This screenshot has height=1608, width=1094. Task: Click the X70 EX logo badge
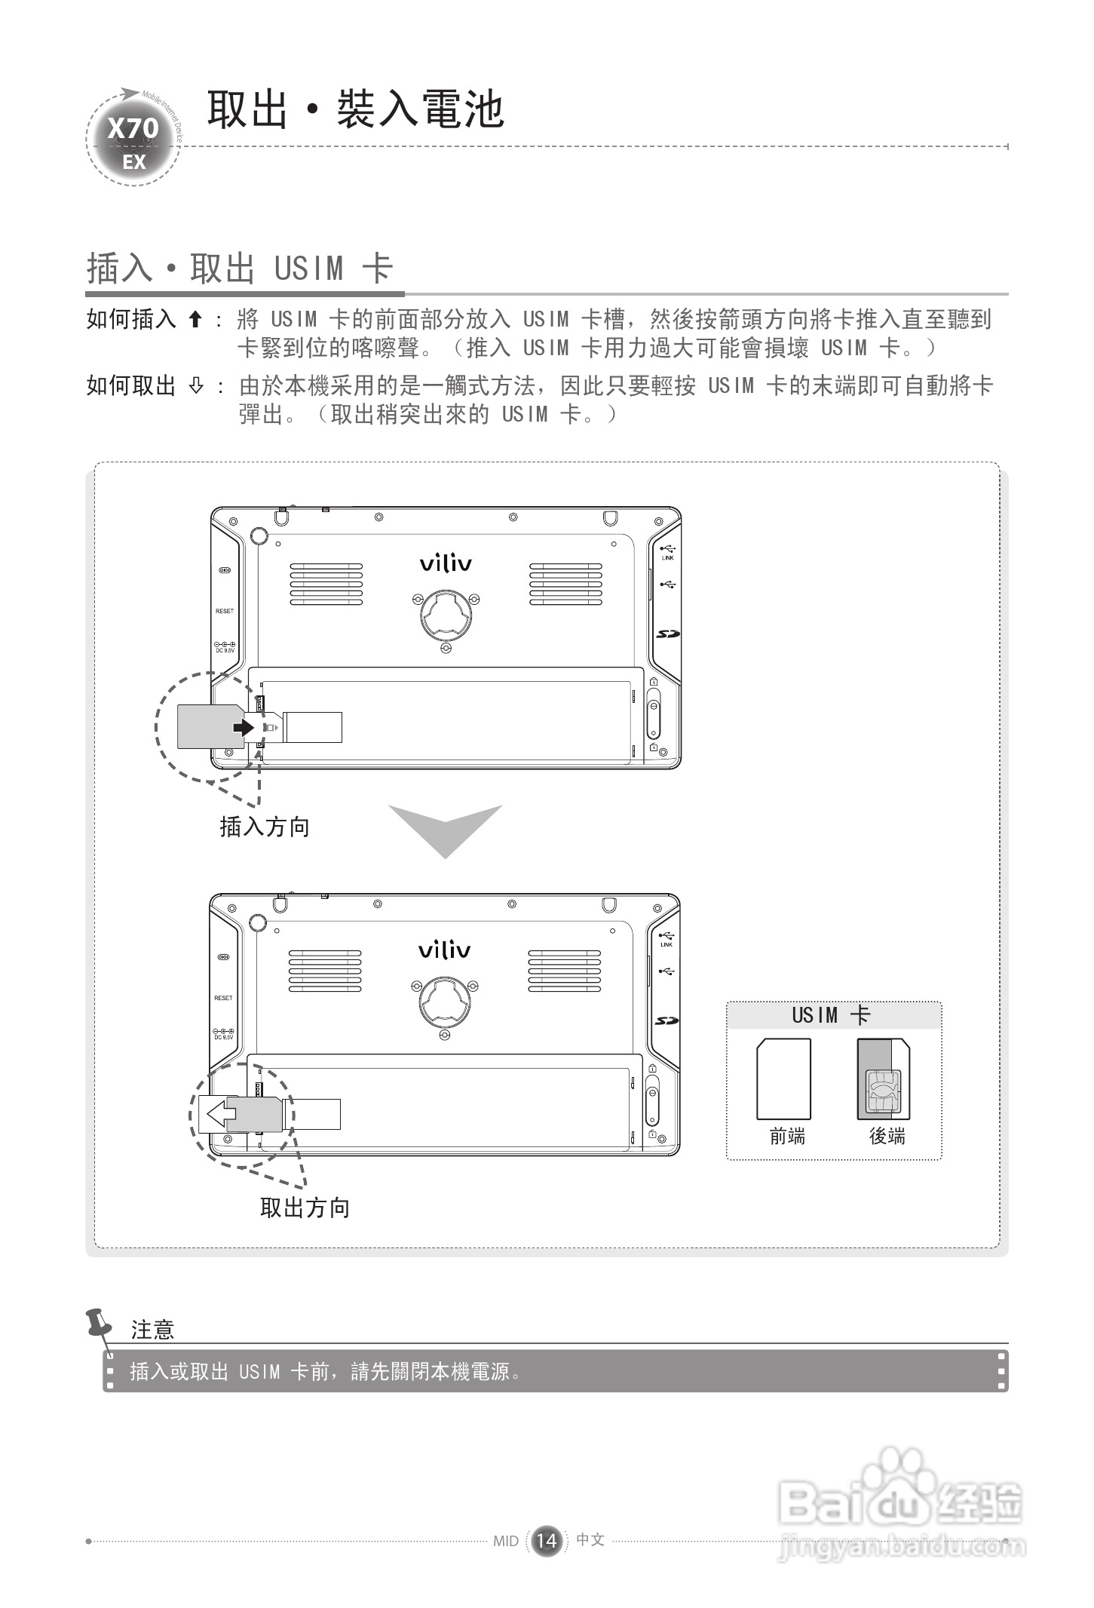133,141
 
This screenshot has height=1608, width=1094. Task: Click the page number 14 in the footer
547,1540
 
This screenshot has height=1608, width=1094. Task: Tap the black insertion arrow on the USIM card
243,726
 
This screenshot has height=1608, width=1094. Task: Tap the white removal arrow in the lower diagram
220,1113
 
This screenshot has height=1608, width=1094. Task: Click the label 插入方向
265,827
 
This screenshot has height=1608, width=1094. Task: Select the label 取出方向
305,1208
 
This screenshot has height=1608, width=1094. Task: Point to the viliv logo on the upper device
446,563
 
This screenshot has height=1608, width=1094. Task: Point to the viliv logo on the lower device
444,950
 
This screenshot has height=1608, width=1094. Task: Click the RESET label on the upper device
225,611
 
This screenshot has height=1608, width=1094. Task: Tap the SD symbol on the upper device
667,634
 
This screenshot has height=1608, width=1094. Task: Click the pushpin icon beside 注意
101,1325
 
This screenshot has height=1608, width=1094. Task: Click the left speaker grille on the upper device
326,584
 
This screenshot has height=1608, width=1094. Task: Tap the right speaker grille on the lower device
564,971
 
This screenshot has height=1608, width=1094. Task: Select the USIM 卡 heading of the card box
832,1015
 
